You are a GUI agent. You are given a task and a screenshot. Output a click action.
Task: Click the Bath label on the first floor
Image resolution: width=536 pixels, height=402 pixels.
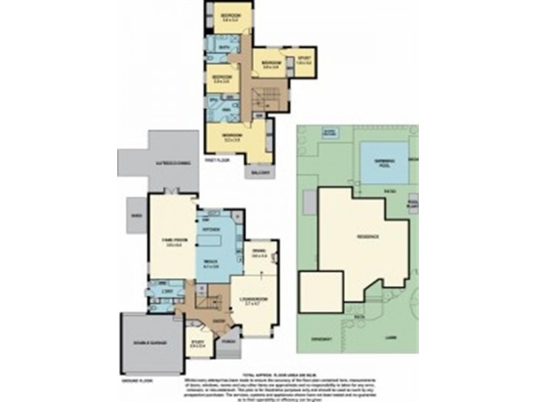tap(225, 48)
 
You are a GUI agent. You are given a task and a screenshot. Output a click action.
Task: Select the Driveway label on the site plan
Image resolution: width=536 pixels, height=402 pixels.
tap(322, 339)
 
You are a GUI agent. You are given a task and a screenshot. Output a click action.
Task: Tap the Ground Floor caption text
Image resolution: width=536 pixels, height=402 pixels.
tap(133, 381)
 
